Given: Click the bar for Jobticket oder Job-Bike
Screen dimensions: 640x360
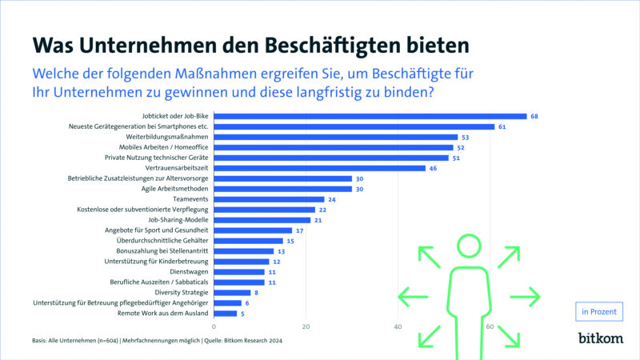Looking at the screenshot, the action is click(370, 116).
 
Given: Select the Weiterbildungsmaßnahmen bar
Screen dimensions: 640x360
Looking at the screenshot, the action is click(336, 137).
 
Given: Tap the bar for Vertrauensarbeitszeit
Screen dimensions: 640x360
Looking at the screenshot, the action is click(319, 168).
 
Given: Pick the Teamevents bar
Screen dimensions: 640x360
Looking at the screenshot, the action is click(269, 199).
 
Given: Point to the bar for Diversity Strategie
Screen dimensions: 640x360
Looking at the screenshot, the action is click(232, 293).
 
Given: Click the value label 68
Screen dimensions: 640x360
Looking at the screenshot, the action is click(534, 116).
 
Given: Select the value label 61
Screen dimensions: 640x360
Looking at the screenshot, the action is click(502, 127).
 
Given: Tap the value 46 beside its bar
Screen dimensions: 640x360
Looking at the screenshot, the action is click(433, 168).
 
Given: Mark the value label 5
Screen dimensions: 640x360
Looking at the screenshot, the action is click(242, 314).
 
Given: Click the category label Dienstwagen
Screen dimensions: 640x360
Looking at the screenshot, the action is click(189, 272).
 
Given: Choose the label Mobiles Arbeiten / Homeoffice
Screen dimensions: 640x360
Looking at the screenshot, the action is click(164, 147).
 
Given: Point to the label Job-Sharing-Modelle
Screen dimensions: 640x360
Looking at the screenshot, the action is click(178, 220).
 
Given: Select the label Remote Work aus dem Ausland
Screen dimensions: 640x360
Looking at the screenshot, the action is click(163, 314).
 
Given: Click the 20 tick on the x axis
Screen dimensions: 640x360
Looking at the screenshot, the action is click(306, 326).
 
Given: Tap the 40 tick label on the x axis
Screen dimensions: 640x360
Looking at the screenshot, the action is click(398, 326).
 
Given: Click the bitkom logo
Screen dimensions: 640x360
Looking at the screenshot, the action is click(601, 338).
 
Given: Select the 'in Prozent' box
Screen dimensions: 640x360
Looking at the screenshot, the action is click(599, 312).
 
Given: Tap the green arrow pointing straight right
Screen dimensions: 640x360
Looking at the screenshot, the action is click(525, 297).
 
